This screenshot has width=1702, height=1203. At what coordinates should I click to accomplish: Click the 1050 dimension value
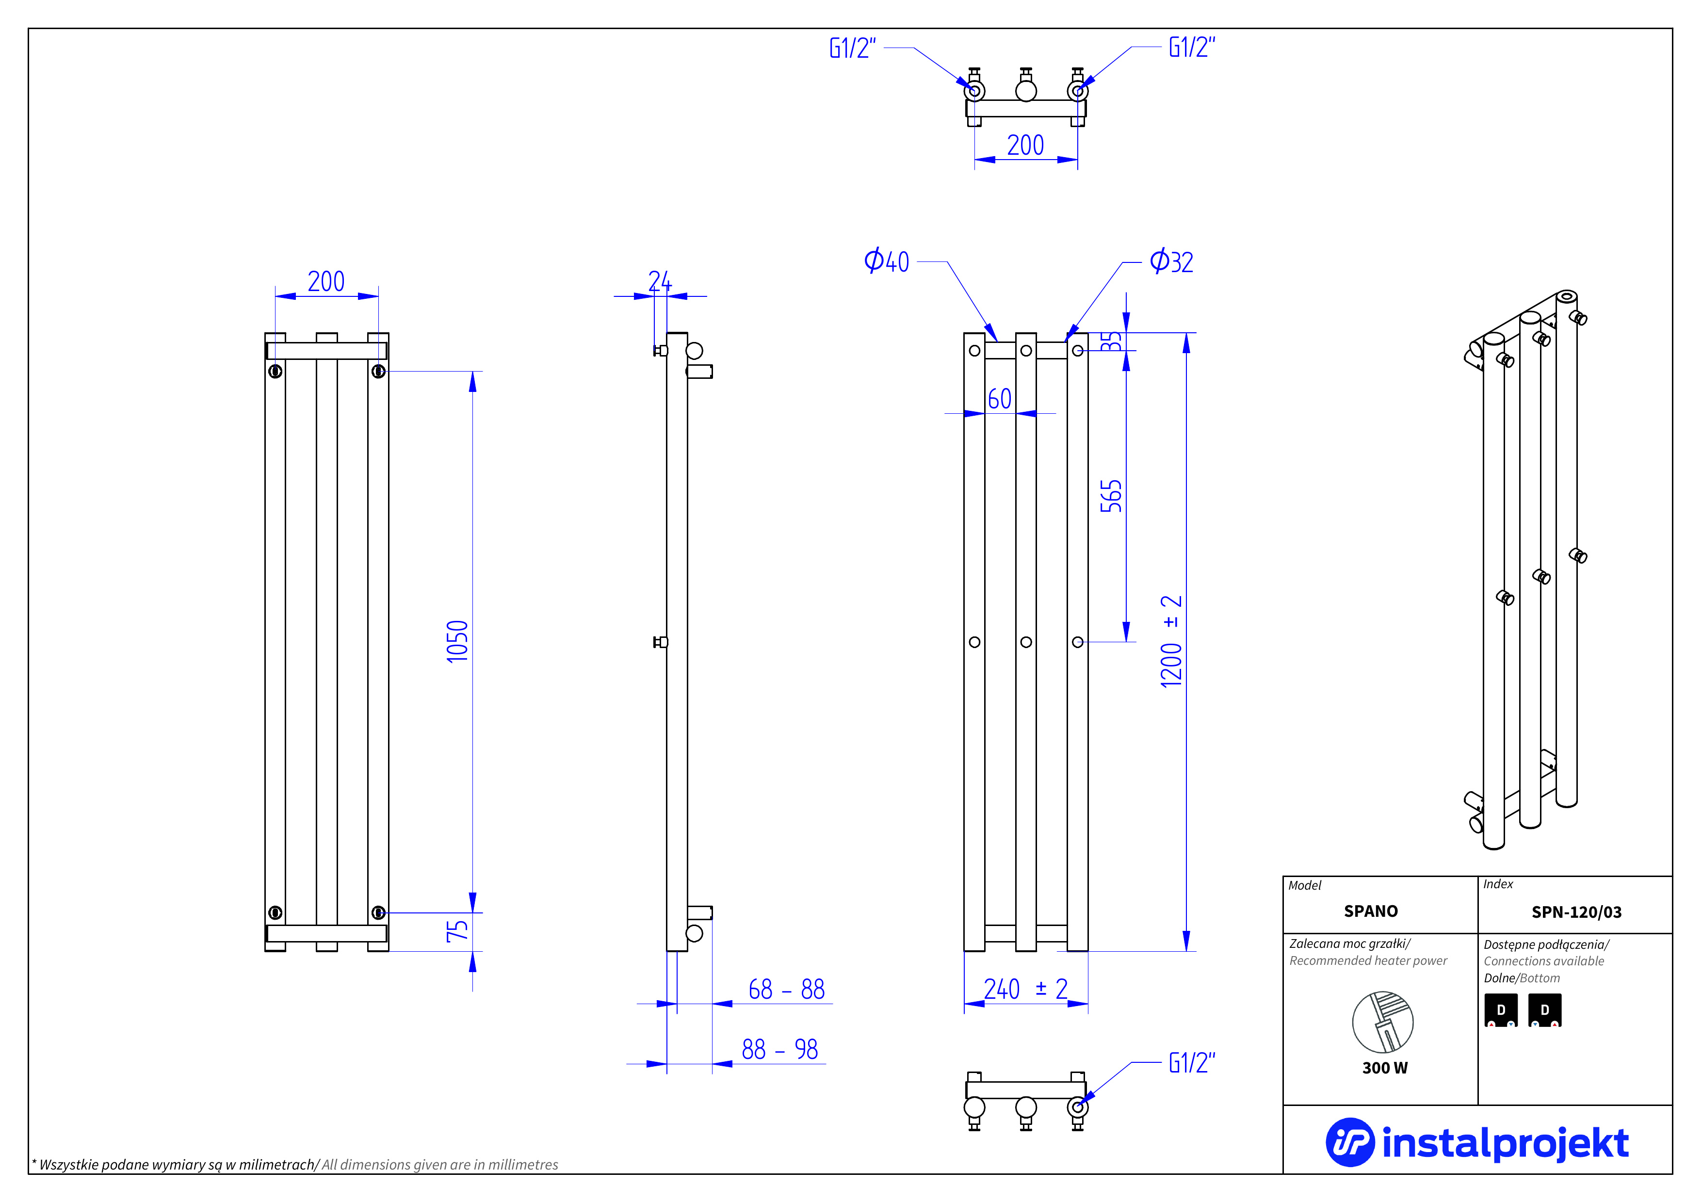[457, 641]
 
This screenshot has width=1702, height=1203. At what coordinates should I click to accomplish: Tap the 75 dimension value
[457, 931]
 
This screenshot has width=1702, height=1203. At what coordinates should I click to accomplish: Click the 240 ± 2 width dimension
[1025, 989]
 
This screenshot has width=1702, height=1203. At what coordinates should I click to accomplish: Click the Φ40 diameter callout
[887, 261]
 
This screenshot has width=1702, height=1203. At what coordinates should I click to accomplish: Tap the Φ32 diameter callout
[1171, 261]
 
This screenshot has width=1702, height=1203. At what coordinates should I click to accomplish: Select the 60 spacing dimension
[999, 399]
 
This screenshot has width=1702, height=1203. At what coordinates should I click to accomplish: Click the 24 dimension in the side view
[660, 281]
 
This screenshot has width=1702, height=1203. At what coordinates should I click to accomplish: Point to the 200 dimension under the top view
[1025, 145]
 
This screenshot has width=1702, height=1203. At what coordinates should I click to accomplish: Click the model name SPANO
[1371, 911]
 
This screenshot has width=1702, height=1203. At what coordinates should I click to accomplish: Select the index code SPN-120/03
[1576, 911]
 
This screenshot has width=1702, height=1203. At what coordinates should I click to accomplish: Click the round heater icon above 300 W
[1382, 1022]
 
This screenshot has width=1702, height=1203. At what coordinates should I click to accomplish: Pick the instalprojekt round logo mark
[1349, 1142]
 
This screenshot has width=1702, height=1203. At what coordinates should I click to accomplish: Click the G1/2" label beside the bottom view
[1191, 1062]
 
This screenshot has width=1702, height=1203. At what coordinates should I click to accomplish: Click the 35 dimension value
[1110, 341]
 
